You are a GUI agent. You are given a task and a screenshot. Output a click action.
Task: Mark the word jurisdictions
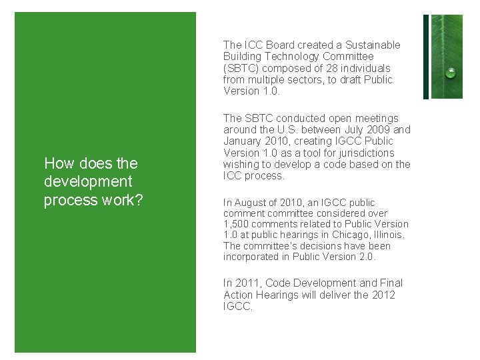(x=367, y=153)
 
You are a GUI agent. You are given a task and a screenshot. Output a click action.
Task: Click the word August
(x=252, y=203)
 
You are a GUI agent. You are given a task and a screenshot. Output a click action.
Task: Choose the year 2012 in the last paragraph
(x=383, y=295)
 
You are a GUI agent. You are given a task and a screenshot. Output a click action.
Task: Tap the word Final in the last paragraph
(x=390, y=283)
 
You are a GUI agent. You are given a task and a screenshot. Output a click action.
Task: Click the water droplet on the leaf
(x=451, y=73)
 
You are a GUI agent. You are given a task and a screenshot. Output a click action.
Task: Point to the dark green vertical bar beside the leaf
(x=426, y=57)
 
